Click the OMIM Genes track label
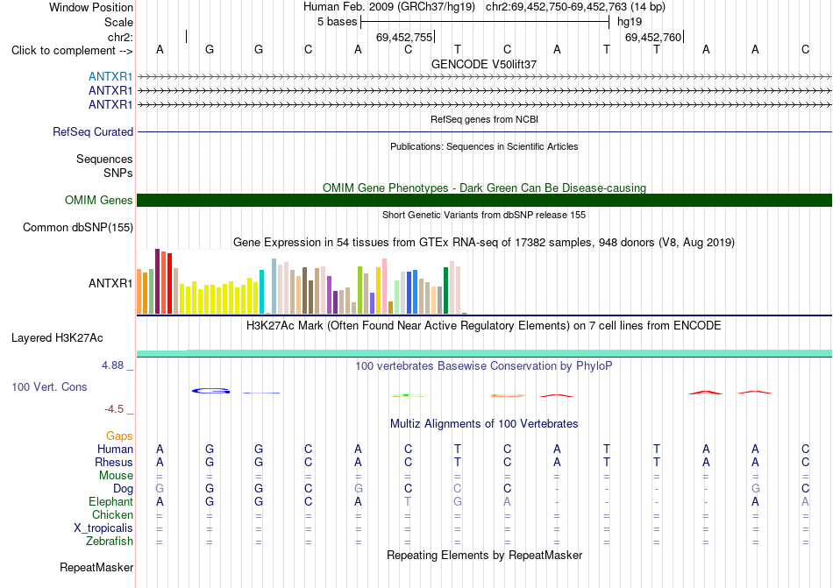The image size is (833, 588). click(99, 200)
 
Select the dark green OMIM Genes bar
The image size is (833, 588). click(485, 200)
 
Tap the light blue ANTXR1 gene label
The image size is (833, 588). click(110, 76)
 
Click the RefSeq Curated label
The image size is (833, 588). click(93, 131)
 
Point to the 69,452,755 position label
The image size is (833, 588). click(404, 37)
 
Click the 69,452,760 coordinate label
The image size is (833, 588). click(653, 37)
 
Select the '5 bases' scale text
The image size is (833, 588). click(338, 22)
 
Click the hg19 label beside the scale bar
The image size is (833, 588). click(630, 22)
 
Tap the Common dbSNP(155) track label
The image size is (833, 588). click(78, 227)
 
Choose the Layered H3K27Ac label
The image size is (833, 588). click(57, 338)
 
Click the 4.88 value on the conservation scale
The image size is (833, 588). click(112, 365)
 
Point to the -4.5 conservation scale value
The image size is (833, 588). click(114, 408)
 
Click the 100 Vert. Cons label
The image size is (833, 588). click(49, 386)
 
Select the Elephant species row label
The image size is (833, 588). click(111, 501)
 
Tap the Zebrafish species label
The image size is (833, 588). click(110, 542)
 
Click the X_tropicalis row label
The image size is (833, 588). click(103, 528)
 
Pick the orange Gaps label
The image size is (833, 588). click(119, 436)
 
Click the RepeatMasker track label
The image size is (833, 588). click(96, 567)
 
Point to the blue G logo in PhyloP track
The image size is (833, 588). click(211, 391)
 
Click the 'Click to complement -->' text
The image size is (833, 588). click(72, 51)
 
